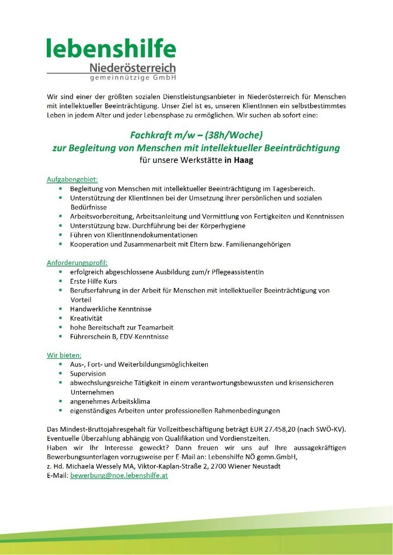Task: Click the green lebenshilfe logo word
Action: (111, 49)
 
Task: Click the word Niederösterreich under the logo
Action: (132, 68)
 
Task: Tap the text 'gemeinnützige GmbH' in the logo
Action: (133, 78)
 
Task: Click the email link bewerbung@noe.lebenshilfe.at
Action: (119, 476)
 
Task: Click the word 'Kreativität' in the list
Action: (86, 318)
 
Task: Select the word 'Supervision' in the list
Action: (88, 374)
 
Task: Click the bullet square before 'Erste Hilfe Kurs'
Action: (60, 281)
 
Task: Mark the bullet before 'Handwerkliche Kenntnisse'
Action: (60, 309)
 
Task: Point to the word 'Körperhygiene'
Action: (223, 226)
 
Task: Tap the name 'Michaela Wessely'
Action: (102, 466)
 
